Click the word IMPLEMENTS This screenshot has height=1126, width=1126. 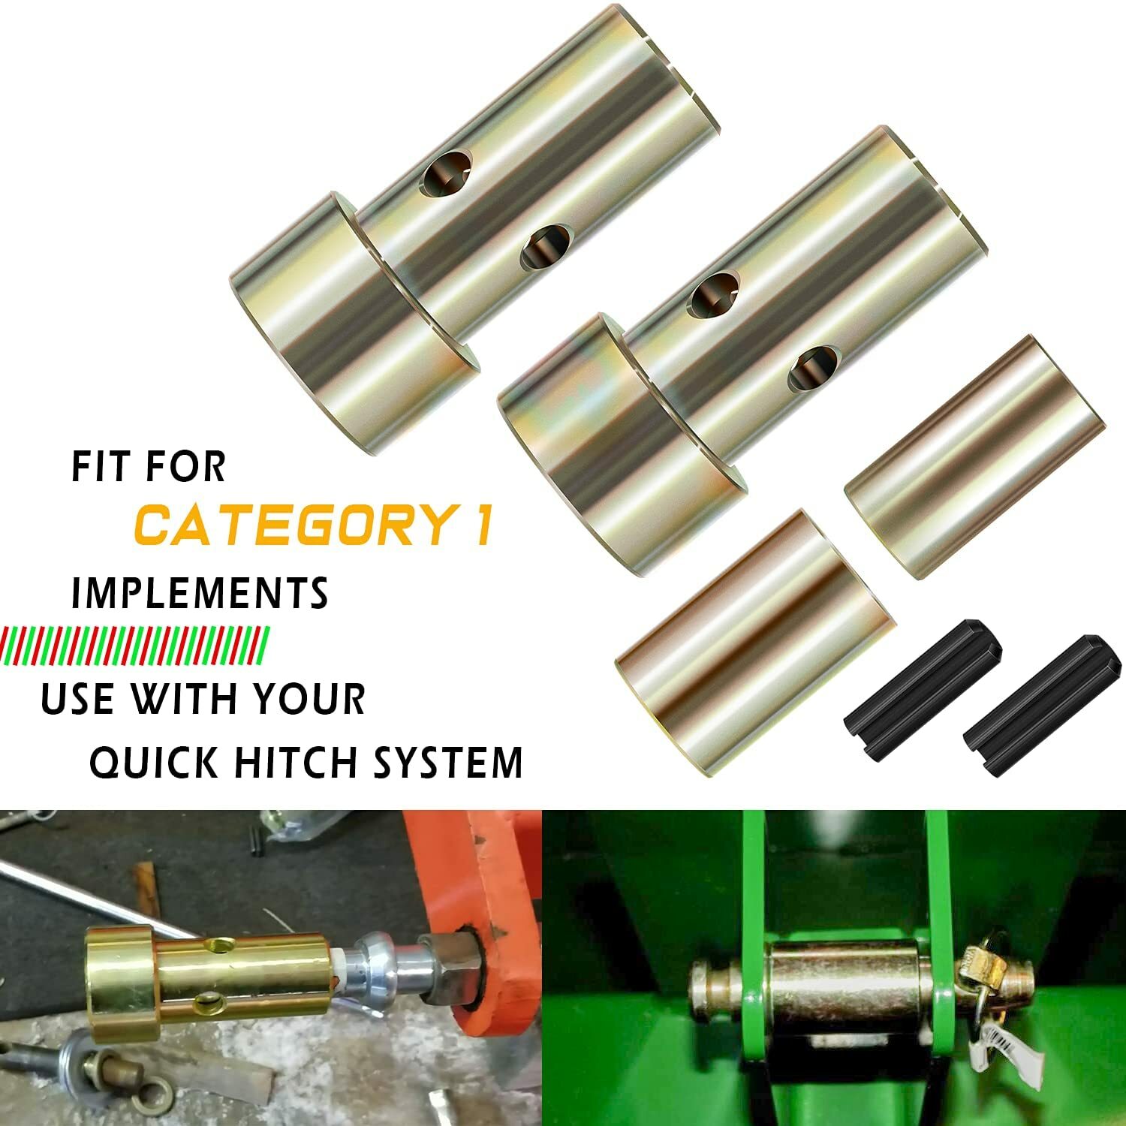[x=200, y=593]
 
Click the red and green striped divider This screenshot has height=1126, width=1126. [x=135, y=643]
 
